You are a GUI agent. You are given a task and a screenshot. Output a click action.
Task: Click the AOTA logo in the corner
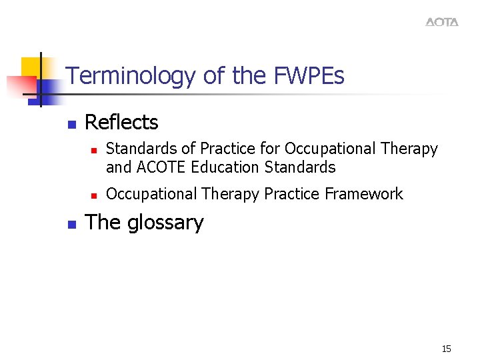point(442,22)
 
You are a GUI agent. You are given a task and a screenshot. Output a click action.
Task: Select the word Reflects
point(121,122)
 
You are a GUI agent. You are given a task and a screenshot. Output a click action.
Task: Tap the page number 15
point(446,349)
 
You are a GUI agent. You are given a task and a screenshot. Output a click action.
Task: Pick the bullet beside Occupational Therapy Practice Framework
point(94,195)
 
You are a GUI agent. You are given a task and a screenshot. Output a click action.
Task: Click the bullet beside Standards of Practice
point(94,150)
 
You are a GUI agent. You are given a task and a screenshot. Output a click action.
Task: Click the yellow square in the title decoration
point(31,68)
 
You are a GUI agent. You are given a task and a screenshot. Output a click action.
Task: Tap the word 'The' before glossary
point(101,222)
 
